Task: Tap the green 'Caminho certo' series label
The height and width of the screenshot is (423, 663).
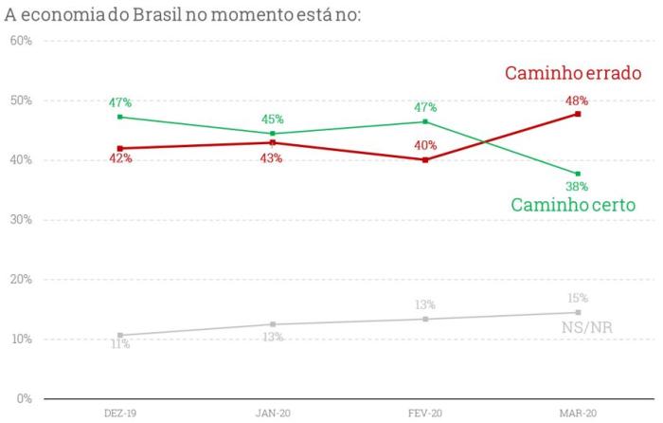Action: pos(572,204)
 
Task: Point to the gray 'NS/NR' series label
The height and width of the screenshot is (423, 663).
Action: pos(586,327)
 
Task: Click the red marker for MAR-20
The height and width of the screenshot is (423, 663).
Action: pos(578,114)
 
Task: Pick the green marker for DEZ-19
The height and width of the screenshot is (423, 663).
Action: pos(120,117)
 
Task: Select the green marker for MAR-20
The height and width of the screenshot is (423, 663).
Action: pos(578,174)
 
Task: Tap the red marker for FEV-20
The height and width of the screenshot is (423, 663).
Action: pos(425,160)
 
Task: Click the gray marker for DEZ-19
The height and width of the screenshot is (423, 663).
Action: pos(120,335)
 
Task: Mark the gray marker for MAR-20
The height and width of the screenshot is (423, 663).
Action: pos(578,312)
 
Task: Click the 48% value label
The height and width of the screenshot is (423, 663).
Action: pos(577,100)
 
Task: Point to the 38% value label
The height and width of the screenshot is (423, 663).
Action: pos(578,187)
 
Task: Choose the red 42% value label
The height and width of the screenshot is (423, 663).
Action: pos(120,159)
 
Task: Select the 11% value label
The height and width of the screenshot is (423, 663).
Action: pos(120,345)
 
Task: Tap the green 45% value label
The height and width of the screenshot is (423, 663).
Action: pos(273,120)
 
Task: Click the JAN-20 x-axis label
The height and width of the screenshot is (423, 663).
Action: pos(273,414)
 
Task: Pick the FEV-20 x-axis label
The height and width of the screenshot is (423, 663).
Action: pos(425,414)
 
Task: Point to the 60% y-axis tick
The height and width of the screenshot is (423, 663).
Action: pos(21,41)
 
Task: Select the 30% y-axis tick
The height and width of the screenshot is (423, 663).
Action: pos(21,220)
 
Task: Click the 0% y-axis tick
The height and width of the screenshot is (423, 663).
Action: pos(24,398)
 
